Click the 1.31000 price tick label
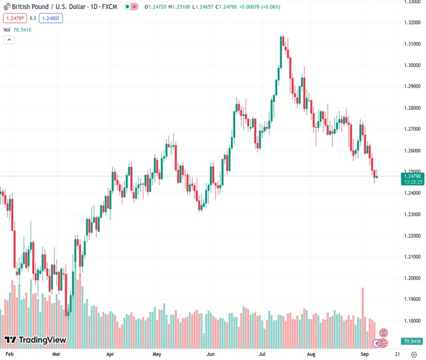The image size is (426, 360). (412, 44)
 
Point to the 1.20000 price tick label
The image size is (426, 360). (412, 278)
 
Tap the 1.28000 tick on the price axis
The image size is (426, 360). (412, 108)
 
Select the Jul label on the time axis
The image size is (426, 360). (263, 354)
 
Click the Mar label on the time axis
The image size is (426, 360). (56, 354)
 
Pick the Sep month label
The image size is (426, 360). (365, 354)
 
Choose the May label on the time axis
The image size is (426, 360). (157, 354)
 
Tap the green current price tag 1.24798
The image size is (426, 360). (413, 176)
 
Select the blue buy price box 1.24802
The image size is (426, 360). (51, 18)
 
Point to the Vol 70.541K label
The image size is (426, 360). (17, 29)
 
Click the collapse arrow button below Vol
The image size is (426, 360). (9, 40)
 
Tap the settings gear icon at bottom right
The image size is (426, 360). (413, 354)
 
